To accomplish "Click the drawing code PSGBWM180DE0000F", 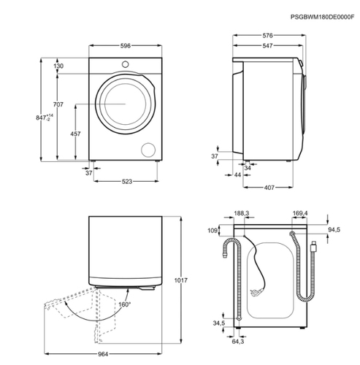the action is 322,17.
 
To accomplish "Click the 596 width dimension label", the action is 126,46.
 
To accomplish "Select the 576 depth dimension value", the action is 267,36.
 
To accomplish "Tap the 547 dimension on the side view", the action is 267,45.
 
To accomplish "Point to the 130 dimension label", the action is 58,66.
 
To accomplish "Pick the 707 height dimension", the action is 58,104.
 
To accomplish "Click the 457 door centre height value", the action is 75,134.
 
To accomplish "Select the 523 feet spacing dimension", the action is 127,181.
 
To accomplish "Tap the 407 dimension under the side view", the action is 269,188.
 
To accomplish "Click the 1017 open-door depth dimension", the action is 180,280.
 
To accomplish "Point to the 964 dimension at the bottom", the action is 103,354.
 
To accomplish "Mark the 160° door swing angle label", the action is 124,304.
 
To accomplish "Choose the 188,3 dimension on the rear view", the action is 242,213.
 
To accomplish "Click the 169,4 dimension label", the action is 300,213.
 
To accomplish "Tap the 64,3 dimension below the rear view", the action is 238,342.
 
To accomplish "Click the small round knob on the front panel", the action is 126,64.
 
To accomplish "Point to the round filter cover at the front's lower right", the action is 148,150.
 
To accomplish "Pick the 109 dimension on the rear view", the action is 212,230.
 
